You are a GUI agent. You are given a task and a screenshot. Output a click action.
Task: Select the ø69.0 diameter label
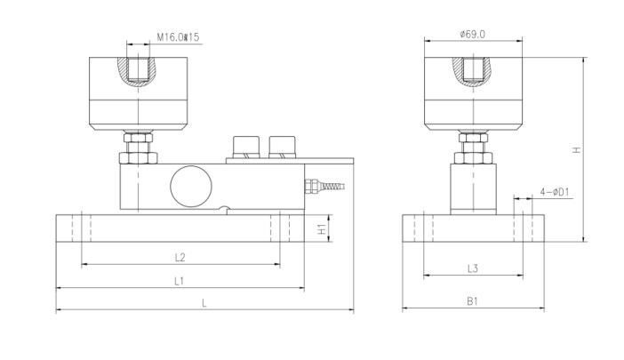point(472,34)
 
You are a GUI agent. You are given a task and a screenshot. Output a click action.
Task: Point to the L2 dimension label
point(180,258)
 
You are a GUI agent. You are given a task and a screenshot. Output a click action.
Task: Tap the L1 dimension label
point(179,281)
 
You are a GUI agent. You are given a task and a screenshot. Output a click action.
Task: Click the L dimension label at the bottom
point(204,303)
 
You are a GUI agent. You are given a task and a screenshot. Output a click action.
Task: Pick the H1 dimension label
point(323,228)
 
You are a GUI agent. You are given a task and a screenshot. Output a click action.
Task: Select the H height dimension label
point(576,150)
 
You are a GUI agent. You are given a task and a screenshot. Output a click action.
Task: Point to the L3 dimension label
point(473,268)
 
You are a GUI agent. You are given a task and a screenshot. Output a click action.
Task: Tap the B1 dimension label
point(473,302)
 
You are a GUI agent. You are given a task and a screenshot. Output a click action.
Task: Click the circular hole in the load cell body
point(190,185)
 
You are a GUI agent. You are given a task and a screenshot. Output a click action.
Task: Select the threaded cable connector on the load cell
point(325,186)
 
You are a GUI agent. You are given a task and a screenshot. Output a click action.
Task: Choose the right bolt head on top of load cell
point(281,145)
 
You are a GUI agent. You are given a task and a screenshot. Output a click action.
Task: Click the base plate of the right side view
point(473,228)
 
